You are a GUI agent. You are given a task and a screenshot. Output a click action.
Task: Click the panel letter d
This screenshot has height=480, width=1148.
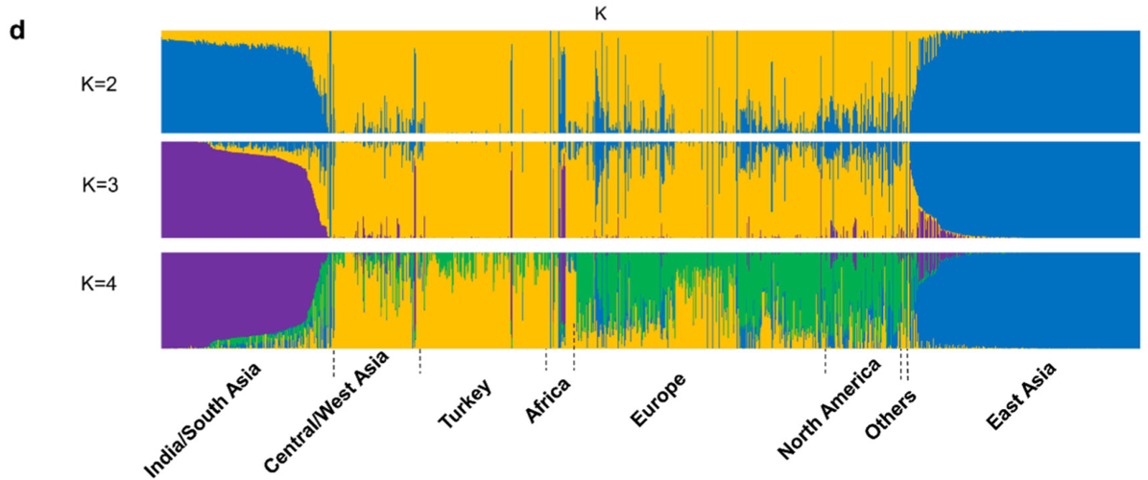point(16,30)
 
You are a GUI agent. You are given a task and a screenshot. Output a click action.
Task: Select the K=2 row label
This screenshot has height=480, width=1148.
point(99,84)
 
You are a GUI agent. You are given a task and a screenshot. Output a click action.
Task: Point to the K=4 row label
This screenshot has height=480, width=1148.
point(99,285)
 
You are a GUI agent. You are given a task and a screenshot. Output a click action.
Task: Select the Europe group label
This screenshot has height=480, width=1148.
point(658,396)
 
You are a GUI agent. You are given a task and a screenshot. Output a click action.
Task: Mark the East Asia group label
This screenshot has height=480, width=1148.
point(1019,396)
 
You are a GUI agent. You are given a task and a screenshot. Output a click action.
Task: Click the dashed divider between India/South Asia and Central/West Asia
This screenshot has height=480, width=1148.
point(333,362)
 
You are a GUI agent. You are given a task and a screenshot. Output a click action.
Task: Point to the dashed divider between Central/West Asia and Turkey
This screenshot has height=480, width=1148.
point(420,362)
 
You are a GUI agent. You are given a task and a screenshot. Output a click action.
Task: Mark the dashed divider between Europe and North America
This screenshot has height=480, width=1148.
point(825,362)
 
